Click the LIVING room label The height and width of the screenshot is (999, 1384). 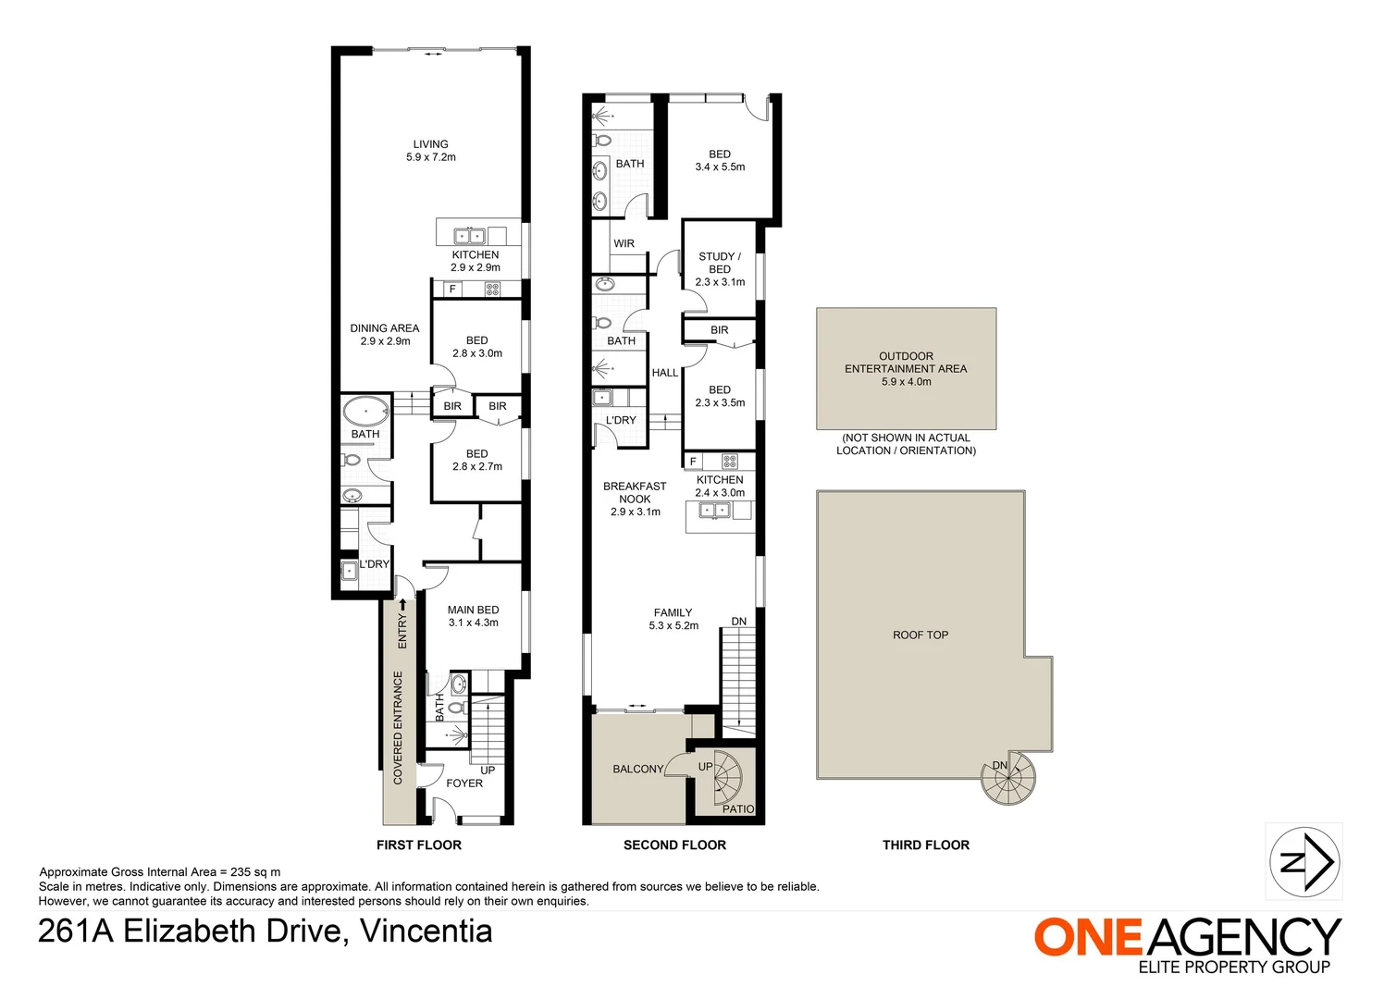[430, 144]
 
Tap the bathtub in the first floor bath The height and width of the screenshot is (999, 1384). [365, 410]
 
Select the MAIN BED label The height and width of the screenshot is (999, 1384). [474, 610]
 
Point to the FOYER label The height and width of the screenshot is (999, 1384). [464, 783]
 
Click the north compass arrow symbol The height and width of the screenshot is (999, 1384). [1304, 862]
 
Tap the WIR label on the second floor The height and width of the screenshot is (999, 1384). [624, 243]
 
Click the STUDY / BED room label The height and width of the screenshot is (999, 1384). [720, 263]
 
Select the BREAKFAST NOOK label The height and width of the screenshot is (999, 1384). [636, 492]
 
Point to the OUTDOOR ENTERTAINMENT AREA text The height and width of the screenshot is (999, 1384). [906, 363]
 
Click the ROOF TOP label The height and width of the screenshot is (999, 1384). [921, 635]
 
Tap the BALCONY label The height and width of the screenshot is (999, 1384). [638, 770]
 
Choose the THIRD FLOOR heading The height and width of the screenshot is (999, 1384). [925, 845]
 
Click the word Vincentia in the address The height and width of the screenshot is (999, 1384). [426, 931]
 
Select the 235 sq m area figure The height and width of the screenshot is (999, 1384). [255, 872]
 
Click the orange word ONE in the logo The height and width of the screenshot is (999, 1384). [1089, 938]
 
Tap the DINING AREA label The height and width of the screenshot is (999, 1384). [385, 328]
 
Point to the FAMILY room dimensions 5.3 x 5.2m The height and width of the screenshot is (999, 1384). [673, 626]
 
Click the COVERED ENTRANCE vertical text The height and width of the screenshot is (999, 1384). [398, 728]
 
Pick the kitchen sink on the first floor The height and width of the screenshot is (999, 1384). [470, 236]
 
